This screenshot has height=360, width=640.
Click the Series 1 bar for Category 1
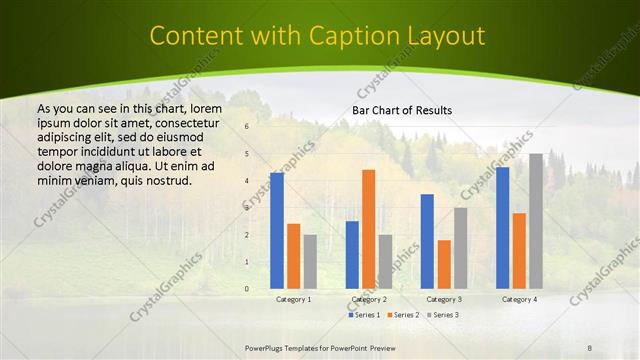coord(277,231)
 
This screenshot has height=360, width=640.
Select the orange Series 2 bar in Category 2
coord(369,229)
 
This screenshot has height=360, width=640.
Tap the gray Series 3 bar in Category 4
coord(536,221)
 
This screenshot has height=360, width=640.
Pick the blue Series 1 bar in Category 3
coord(427,241)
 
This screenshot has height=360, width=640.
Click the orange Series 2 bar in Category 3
coord(444,264)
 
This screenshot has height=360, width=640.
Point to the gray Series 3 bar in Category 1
coord(310,261)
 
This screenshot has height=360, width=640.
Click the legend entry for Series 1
coord(364,315)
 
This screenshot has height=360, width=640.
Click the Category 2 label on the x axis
coord(369,299)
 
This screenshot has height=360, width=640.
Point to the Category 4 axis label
coord(519,299)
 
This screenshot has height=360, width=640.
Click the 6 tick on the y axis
coord(247,127)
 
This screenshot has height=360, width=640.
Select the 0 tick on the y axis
coord(247,289)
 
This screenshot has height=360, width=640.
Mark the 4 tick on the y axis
coord(247,181)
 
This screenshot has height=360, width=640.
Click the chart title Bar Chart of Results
coord(402,110)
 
